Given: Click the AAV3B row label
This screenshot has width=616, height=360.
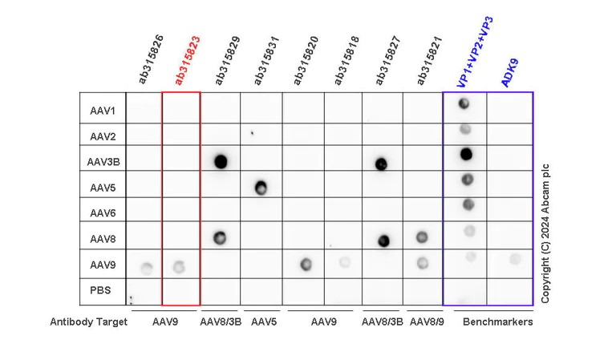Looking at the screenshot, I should pos(103,161).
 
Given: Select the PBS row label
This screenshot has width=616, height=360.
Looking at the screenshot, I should pos(103,291).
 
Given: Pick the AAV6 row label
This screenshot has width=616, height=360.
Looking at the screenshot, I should pos(103,213).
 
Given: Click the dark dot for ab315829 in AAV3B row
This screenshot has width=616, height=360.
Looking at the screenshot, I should pos(221,161).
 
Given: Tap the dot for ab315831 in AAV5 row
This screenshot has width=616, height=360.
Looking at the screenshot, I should pos(261,188).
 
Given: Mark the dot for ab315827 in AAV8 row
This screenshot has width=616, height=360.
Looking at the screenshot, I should pos(383,240).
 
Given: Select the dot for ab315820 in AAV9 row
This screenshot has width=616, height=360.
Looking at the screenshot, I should pos(305,265).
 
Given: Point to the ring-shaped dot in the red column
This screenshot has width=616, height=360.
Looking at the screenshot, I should pos(180,266).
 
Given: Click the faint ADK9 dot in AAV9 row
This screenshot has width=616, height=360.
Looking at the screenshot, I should pos(515,258).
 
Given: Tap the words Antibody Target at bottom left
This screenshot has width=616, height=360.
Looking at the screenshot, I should pos(88,322).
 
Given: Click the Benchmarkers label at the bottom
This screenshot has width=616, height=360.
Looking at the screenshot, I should pos(497,322).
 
